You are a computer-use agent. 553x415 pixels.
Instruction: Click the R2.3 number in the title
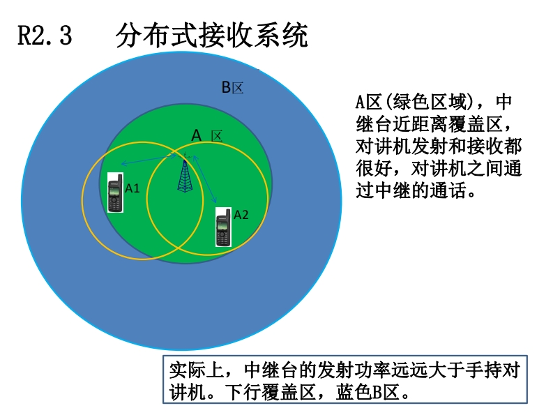click(x=44, y=36)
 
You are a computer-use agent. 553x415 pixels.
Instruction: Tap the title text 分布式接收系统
click(x=212, y=36)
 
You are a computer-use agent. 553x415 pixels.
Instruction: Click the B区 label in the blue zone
click(x=232, y=88)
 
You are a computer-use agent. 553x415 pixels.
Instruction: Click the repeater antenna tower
click(x=184, y=174)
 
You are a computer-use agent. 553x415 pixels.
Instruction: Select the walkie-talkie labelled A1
click(x=115, y=195)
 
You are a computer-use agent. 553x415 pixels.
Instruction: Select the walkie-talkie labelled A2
click(x=223, y=227)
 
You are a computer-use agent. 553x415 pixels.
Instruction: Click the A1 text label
click(x=132, y=188)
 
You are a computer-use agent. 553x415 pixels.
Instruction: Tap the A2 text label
click(x=241, y=215)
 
